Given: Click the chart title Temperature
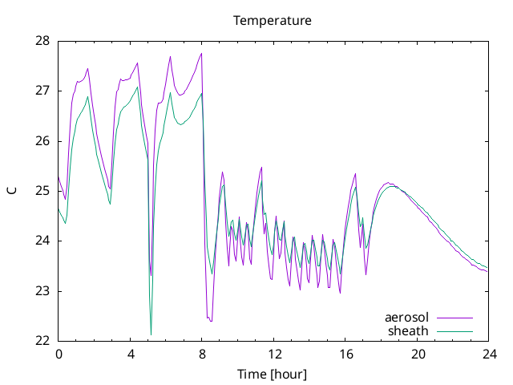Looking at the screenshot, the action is pos(273,21).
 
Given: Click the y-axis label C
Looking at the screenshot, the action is pos(12,191).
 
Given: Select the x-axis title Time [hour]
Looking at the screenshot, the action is pos(273,375).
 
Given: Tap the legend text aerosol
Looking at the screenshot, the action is pos(406,318).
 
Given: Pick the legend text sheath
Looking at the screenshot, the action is pos(408,331).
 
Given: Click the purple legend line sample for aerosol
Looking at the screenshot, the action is pos(454,318).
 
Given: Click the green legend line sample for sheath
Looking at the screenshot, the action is pos(454,331).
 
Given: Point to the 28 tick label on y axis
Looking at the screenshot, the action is pos(42,41).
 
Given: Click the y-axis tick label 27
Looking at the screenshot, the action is pos(42,91).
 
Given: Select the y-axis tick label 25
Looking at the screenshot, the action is pos(42,191).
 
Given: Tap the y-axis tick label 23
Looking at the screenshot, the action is pos(42,291).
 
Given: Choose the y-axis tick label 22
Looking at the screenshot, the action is pos(42,341).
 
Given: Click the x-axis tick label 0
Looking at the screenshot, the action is pos(59,355).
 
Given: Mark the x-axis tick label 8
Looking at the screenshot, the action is pos(202,355).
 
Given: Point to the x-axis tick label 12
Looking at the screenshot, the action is pos(274,355).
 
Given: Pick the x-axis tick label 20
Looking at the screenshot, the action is pos(418,355).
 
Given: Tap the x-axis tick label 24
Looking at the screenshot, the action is pos(490,355).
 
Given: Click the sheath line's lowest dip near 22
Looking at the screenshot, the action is pos(151,334).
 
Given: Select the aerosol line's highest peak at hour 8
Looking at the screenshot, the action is pos(201,54).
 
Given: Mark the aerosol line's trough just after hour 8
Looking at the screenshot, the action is pos(211,321).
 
